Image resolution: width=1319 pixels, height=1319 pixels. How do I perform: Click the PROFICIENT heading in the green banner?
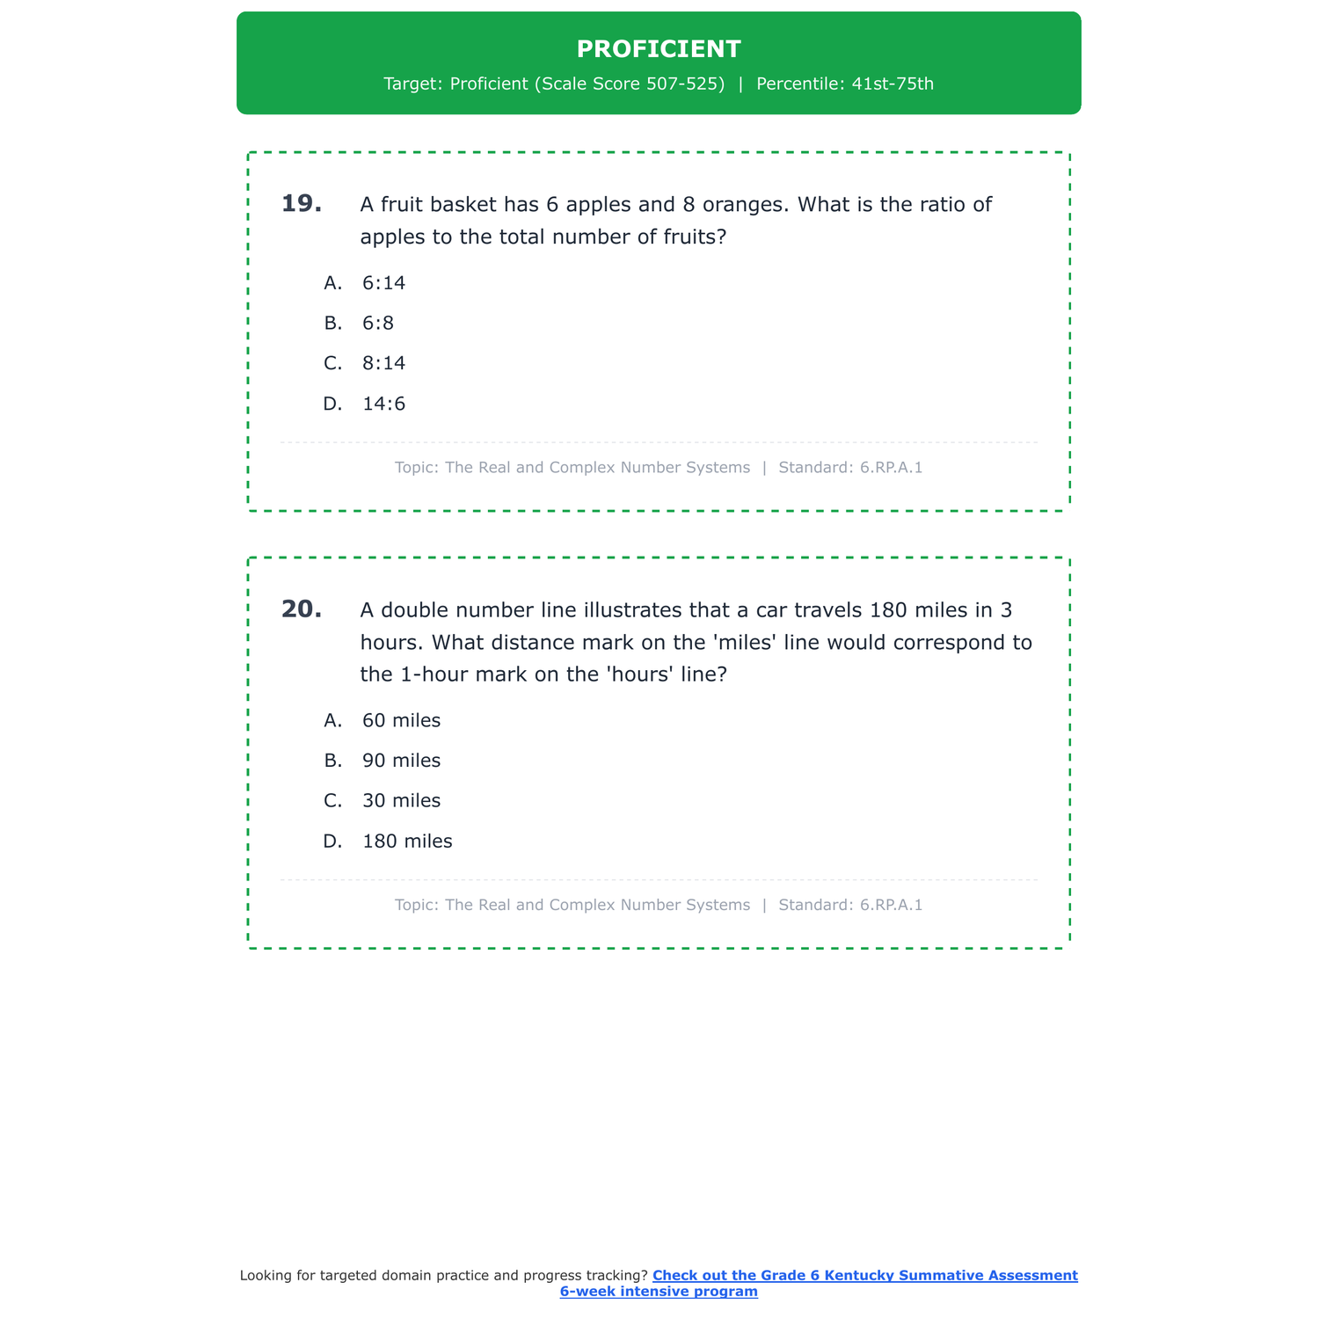click(659, 49)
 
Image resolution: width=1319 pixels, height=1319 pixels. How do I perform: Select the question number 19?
click(302, 204)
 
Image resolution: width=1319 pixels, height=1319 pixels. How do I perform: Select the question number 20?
click(302, 609)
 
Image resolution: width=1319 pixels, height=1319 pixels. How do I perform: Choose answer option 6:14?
click(383, 283)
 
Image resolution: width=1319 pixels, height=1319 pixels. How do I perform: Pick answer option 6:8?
click(378, 324)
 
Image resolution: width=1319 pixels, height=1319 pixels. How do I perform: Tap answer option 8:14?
click(383, 364)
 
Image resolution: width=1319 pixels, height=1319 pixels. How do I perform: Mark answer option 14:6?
click(383, 404)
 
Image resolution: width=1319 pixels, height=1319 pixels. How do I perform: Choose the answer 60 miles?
click(401, 721)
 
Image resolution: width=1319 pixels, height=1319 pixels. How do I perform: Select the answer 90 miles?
click(401, 762)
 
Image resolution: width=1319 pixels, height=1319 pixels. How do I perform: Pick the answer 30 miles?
click(401, 802)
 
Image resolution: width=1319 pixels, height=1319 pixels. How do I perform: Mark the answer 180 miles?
click(407, 842)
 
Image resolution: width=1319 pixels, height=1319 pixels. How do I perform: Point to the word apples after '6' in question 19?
click(598, 205)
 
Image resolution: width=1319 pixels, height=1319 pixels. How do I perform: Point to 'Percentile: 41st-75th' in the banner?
click(844, 84)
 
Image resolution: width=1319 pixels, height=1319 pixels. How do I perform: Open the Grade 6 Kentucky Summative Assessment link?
click(864, 1276)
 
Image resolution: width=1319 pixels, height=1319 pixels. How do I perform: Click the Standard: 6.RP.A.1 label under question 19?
click(850, 468)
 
